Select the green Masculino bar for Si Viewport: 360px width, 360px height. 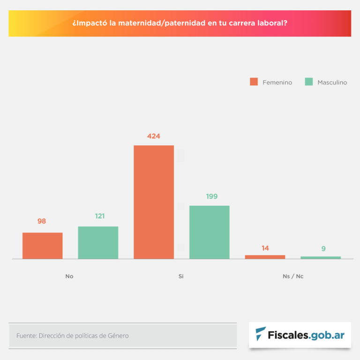click(210, 232)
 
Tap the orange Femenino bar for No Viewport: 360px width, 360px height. click(43, 246)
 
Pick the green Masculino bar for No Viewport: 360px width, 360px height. click(98, 242)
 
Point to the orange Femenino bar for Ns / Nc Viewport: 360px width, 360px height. click(265, 257)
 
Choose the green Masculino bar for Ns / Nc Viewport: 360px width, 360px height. click(321, 257)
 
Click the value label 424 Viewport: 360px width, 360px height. click(154, 136)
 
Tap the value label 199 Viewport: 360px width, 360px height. click(212, 196)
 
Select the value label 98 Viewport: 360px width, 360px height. click(42, 221)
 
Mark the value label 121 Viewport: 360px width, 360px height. click(100, 216)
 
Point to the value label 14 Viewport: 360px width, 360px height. click(265, 248)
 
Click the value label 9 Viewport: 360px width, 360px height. click(323, 249)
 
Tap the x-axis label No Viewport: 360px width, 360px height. click(69, 277)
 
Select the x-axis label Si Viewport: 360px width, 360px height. click(181, 277)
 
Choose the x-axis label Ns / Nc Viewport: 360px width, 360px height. click(293, 277)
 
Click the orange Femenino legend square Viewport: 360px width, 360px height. click(254, 82)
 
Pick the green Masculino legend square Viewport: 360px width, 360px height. click(309, 82)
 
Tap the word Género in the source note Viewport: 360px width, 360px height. click(118, 336)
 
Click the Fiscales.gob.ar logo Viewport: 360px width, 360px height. click(300, 335)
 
